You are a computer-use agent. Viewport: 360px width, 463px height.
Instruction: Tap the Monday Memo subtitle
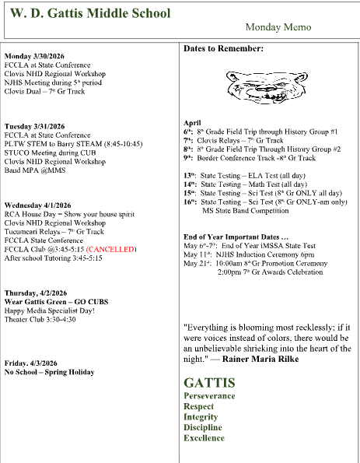coord(278,27)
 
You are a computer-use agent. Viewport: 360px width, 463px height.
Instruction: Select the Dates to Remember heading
coord(224,49)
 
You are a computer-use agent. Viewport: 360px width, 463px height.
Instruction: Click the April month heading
coord(192,123)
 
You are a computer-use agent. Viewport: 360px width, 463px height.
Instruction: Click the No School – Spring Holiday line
coord(50,372)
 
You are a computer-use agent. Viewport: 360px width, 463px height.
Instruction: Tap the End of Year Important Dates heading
coord(236,237)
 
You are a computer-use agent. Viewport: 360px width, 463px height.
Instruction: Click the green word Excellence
coord(204,438)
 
